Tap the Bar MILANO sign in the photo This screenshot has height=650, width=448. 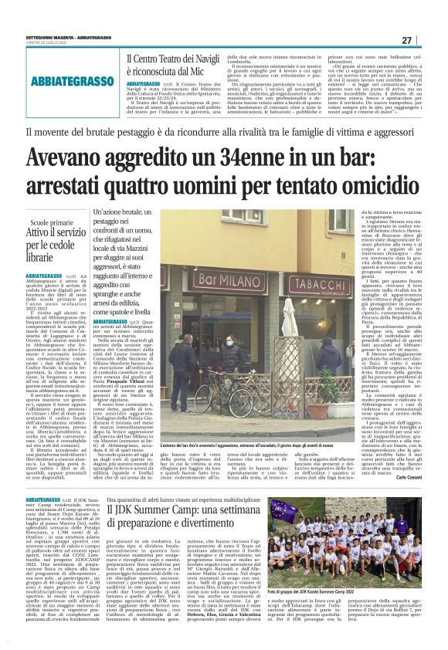tap(224, 276)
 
